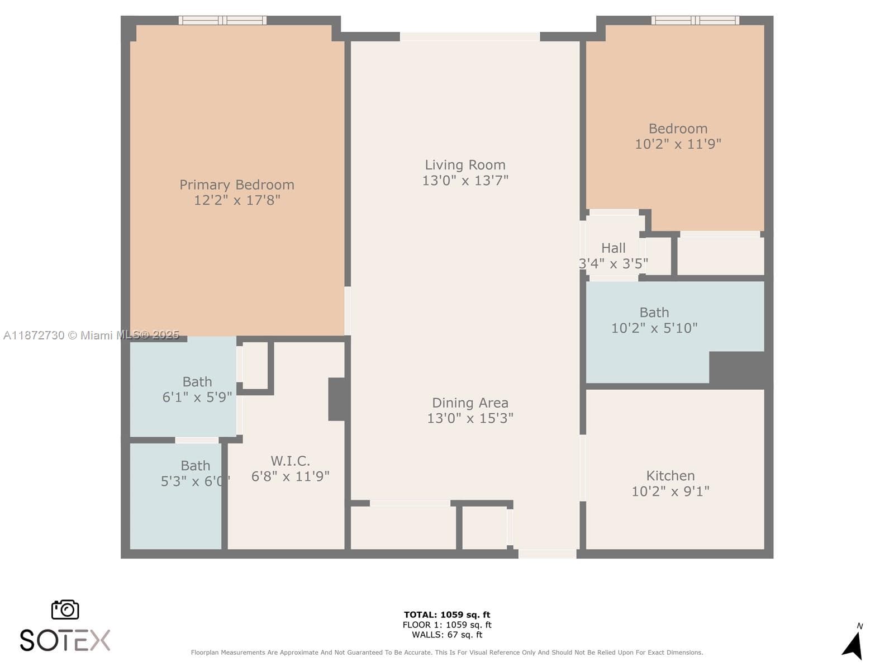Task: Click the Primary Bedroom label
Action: click(237, 185)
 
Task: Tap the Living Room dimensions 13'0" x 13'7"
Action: click(465, 180)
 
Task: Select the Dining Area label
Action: click(470, 403)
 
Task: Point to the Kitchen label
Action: click(670, 476)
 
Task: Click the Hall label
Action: click(614, 248)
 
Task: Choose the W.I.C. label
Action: click(291, 461)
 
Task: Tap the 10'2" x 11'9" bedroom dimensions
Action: click(678, 144)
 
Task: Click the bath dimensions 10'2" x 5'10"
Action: click(654, 328)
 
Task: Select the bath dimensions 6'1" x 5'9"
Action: click(197, 397)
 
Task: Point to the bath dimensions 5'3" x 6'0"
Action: click(196, 481)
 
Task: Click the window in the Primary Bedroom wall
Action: click(222, 20)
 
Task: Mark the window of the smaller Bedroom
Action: click(695, 20)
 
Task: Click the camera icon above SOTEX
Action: click(65, 610)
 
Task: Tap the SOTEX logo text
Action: click(65, 640)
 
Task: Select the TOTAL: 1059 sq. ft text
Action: click(447, 615)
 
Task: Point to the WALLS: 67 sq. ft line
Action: click(447, 634)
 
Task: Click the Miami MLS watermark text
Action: click(91, 335)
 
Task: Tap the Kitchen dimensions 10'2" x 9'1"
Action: click(670, 492)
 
